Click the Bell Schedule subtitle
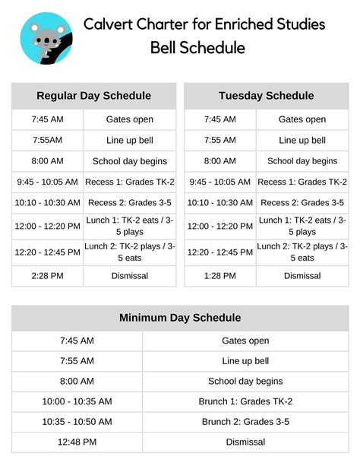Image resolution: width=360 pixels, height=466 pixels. point(197,48)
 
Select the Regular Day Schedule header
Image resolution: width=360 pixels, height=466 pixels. point(93,96)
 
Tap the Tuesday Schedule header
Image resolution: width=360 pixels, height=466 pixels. point(266,96)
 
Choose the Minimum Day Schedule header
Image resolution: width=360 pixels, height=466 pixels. point(180,318)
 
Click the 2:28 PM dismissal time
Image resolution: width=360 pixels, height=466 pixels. point(48,275)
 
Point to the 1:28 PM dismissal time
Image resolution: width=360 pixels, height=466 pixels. point(219,275)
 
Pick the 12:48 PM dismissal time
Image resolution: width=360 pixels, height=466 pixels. point(77,442)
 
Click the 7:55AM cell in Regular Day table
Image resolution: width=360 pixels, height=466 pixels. point(48,140)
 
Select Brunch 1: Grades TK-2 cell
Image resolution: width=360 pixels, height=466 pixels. point(245,401)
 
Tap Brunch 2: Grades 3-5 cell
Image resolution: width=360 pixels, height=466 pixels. point(245,422)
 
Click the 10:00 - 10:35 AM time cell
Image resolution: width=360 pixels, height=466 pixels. point(77,401)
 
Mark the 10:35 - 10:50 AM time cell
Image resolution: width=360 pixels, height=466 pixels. point(77,422)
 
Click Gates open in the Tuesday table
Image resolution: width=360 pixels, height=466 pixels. point(302,119)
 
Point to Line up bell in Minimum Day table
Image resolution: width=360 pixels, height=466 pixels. point(245,361)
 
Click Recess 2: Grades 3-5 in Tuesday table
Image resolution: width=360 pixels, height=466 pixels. point(302,203)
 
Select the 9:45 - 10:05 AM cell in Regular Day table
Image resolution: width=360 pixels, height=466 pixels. point(48,182)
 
